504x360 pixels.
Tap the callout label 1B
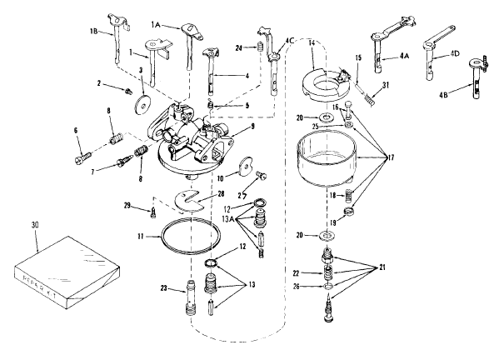pyautogui.click(x=95, y=32)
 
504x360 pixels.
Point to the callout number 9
pyautogui.click(x=242, y=128)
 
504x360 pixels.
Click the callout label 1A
pyautogui.click(x=156, y=26)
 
